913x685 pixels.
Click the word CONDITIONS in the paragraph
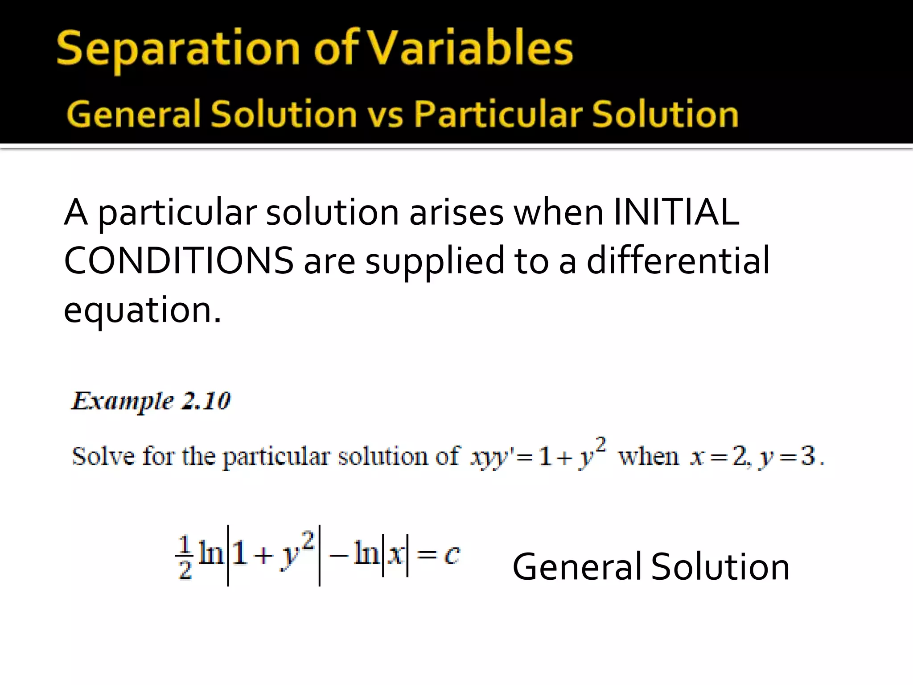point(179,261)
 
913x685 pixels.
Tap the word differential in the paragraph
point(678,261)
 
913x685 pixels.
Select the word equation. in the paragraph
point(142,310)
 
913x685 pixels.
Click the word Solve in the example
point(103,456)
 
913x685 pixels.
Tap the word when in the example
point(649,456)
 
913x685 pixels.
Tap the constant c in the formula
point(452,556)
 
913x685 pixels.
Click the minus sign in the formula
point(338,556)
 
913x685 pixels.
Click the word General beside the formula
point(578,567)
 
